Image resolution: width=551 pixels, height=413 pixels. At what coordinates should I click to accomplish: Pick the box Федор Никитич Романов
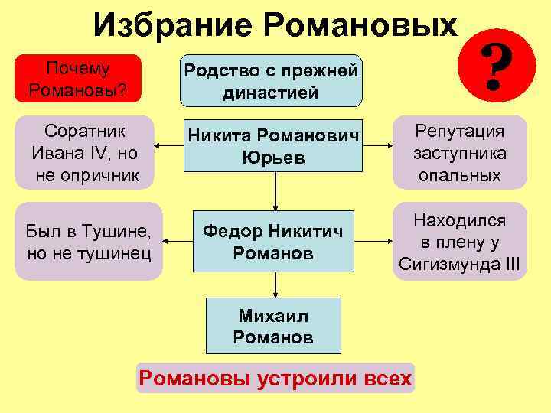(273, 242)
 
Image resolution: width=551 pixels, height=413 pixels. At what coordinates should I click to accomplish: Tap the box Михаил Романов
(273, 327)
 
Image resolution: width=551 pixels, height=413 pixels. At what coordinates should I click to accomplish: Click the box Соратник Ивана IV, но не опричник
(85, 152)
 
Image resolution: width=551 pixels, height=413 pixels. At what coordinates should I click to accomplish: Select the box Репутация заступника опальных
(459, 152)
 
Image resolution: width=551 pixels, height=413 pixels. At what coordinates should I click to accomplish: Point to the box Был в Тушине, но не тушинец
(88, 242)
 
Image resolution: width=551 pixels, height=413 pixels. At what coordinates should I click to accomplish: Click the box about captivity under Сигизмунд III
(459, 242)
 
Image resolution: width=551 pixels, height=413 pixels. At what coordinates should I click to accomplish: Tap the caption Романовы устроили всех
(275, 378)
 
